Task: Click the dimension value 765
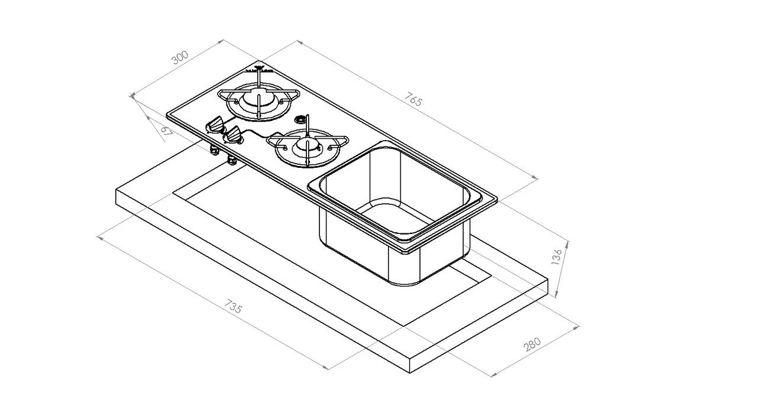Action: (415, 100)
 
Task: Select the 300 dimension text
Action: (179, 57)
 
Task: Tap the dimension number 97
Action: (166, 131)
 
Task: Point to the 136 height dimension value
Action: (556, 258)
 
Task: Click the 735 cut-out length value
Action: (234, 308)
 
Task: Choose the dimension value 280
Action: (533, 344)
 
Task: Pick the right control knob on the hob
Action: (234, 136)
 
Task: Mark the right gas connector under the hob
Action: (231, 160)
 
